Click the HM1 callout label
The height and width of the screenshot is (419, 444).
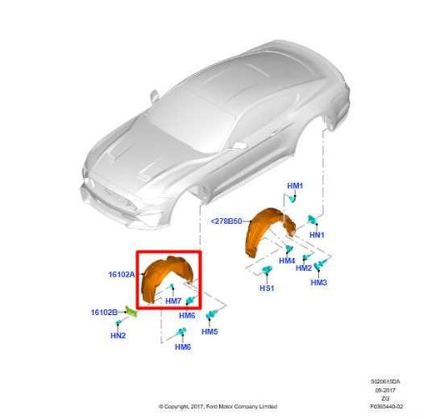(295, 185)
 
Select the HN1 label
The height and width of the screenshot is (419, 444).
(317, 236)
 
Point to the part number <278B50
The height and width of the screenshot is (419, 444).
(225, 222)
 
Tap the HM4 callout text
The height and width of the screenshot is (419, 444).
(287, 261)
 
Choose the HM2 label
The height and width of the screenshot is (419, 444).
(303, 267)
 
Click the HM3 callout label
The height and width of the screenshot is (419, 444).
(319, 283)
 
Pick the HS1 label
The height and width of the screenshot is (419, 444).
(267, 289)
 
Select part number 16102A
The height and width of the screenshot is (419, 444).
(122, 272)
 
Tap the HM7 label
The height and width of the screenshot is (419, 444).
(173, 301)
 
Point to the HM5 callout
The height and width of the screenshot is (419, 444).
(209, 332)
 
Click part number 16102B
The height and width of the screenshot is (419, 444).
(106, 312)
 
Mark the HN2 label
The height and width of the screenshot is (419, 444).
(117, 336)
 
